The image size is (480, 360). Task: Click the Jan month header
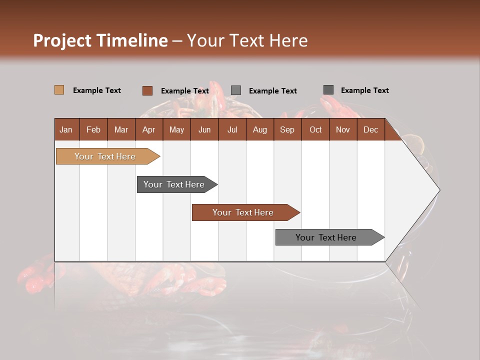[x=66, y=129]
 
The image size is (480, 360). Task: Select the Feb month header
[x=93, y=129]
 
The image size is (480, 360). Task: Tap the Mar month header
[x=121, y=129]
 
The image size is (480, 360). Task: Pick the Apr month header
[x=148, y=129]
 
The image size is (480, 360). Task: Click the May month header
[x=176, y=129]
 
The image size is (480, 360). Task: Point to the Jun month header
[x=204, y=129]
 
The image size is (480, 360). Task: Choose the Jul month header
[x=232, y=129]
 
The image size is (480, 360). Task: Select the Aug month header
[x=259, y=129]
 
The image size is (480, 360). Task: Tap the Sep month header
[x=287, y=129]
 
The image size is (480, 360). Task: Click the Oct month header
[x=315, y=129]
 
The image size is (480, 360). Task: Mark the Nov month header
[x=343, y=129]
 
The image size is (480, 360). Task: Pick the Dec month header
[x=370, y=129]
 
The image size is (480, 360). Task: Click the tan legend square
[x=59, y=90]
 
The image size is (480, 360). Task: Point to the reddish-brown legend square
[x=147, y=90]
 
